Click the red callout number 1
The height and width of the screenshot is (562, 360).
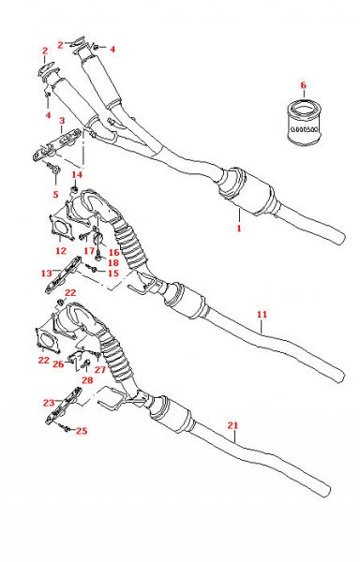(239, 228)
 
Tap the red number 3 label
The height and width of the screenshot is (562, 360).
(62, 120)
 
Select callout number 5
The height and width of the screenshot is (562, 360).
(55, 194)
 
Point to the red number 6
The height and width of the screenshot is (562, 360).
(304, 85)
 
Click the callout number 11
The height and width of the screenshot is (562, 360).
(262, 315)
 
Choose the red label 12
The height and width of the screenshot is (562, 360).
(61, 250)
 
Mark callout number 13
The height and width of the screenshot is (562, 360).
(47, 274)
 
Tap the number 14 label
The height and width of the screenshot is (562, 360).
(77, 174)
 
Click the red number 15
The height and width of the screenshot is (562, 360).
(112, 274)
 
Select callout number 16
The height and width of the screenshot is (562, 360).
(113, 253)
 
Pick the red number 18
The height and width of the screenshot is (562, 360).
(112, 262)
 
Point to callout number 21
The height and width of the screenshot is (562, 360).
(232, 425)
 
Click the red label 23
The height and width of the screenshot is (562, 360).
(49, 403)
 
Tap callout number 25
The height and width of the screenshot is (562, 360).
(82, 431)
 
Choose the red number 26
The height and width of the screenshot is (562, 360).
(58, 364)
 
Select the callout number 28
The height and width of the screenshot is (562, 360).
(87, 380)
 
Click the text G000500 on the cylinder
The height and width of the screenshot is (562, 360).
(304, 129)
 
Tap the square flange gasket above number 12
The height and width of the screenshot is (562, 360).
(61, 228)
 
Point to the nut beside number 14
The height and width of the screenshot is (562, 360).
(75, 187)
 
